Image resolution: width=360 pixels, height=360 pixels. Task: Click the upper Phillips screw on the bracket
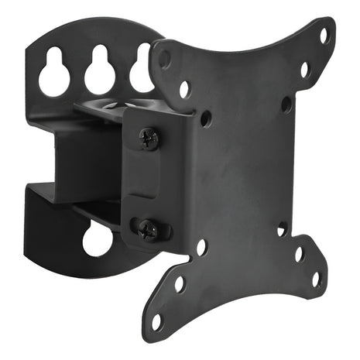click(149, 138)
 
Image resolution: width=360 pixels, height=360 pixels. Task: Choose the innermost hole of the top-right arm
click(286, 102)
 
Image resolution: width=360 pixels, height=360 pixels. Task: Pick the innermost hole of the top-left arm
click(205, 119)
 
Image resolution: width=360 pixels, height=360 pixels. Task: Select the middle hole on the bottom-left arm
click(180, 284)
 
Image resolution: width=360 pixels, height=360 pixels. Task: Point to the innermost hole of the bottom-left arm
click(201, 249)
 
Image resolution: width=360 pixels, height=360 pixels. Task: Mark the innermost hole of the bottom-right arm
click(283, 229)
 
